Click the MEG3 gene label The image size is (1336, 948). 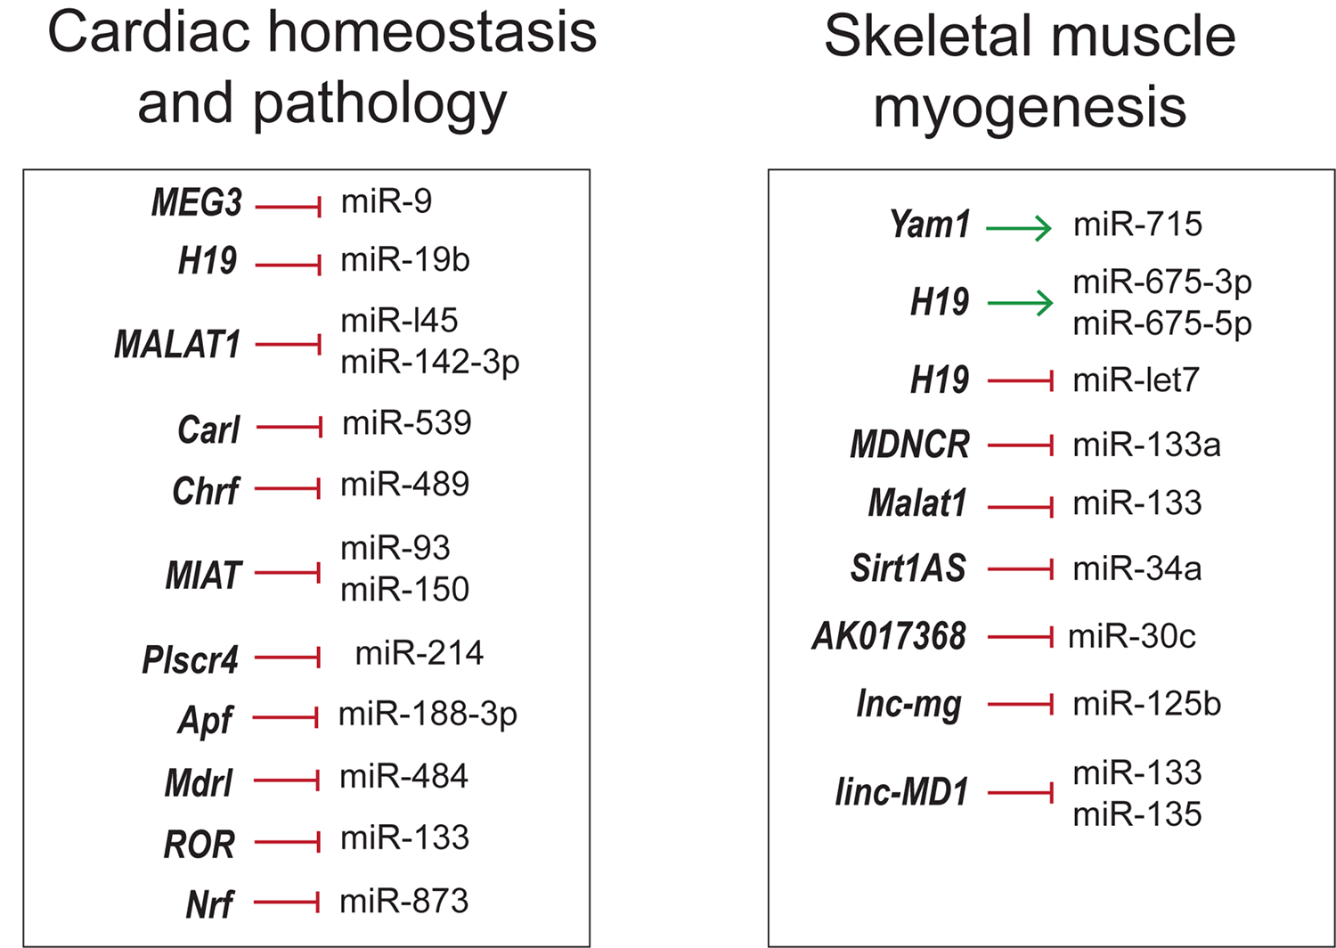(197, 203)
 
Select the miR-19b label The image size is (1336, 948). (405, 260)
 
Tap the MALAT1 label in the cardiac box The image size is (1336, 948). (177, 344)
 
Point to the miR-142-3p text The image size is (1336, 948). (430, 363)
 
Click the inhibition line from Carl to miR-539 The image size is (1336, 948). (289, 427)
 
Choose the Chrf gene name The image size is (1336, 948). (206, 491)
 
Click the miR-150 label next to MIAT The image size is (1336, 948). (405, 590)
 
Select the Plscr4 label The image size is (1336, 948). (191, 660)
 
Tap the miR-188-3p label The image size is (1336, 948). (428, 715)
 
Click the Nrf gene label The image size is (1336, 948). (210, 904)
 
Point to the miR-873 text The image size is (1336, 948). (403, 901)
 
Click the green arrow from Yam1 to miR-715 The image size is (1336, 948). (1019, 228)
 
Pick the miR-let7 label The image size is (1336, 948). (1136, 380)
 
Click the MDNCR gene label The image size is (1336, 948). (909, 445)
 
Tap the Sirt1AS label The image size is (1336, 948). (908, 568)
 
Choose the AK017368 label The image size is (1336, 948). (889, 636)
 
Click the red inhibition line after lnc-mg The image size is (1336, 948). (1021, 705)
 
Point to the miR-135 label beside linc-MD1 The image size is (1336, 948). (1137, 814)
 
